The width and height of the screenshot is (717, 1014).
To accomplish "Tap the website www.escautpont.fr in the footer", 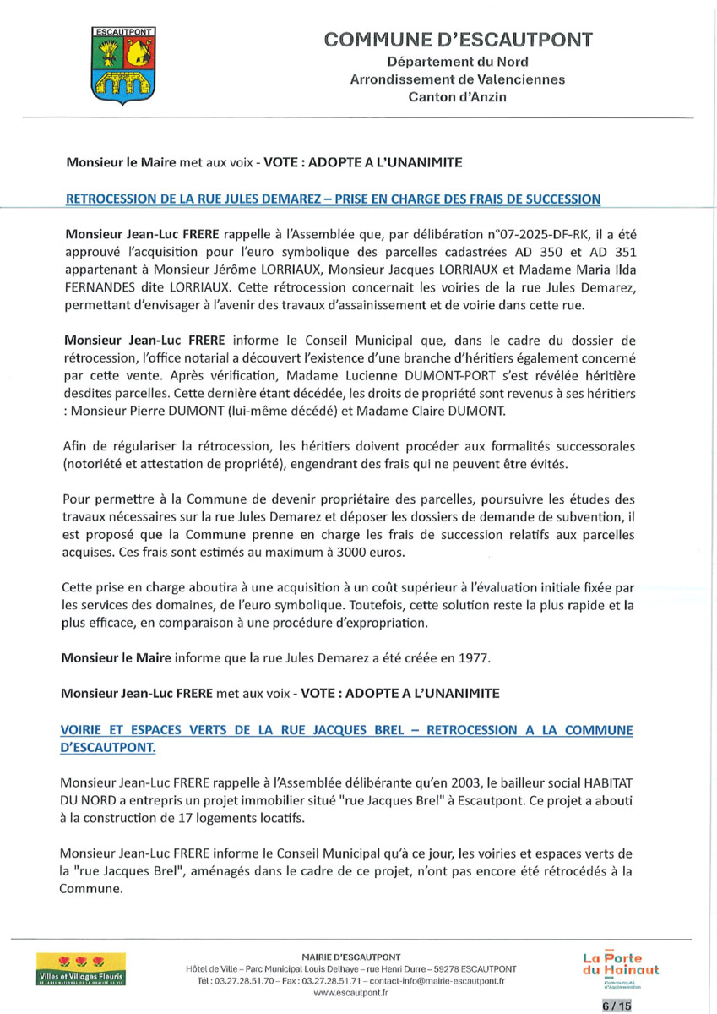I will coord(350,994).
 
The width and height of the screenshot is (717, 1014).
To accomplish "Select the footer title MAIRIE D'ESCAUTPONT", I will coord(350,957).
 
